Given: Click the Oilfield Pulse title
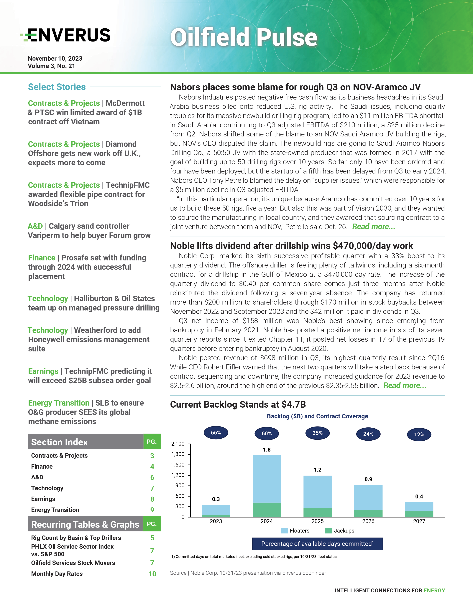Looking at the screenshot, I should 244,37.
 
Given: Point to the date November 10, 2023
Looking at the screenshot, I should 55,59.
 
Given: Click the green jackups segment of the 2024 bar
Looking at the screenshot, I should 267,510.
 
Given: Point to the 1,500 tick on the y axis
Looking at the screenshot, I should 178,465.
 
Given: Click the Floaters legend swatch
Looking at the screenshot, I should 284,531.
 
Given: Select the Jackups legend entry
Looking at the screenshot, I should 340,531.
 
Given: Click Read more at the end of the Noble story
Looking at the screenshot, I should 405,386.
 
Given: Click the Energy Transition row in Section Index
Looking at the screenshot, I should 55,510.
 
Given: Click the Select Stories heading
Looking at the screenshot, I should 57,87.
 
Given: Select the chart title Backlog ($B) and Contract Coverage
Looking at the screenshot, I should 317,416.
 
